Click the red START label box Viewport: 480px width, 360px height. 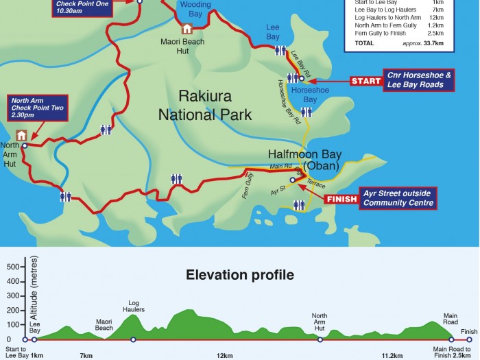point(366,81)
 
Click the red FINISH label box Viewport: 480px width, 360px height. point(341,200)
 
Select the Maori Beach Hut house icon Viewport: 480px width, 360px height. point(187,29)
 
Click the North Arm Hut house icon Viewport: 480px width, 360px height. point(21,135)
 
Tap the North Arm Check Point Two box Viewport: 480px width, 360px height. point(34,108)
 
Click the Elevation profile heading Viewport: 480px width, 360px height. point(240,276)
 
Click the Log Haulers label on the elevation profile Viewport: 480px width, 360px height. point(133,305)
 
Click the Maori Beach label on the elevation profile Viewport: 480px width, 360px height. point(104,324)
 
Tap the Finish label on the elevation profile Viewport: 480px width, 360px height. point(468,332)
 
